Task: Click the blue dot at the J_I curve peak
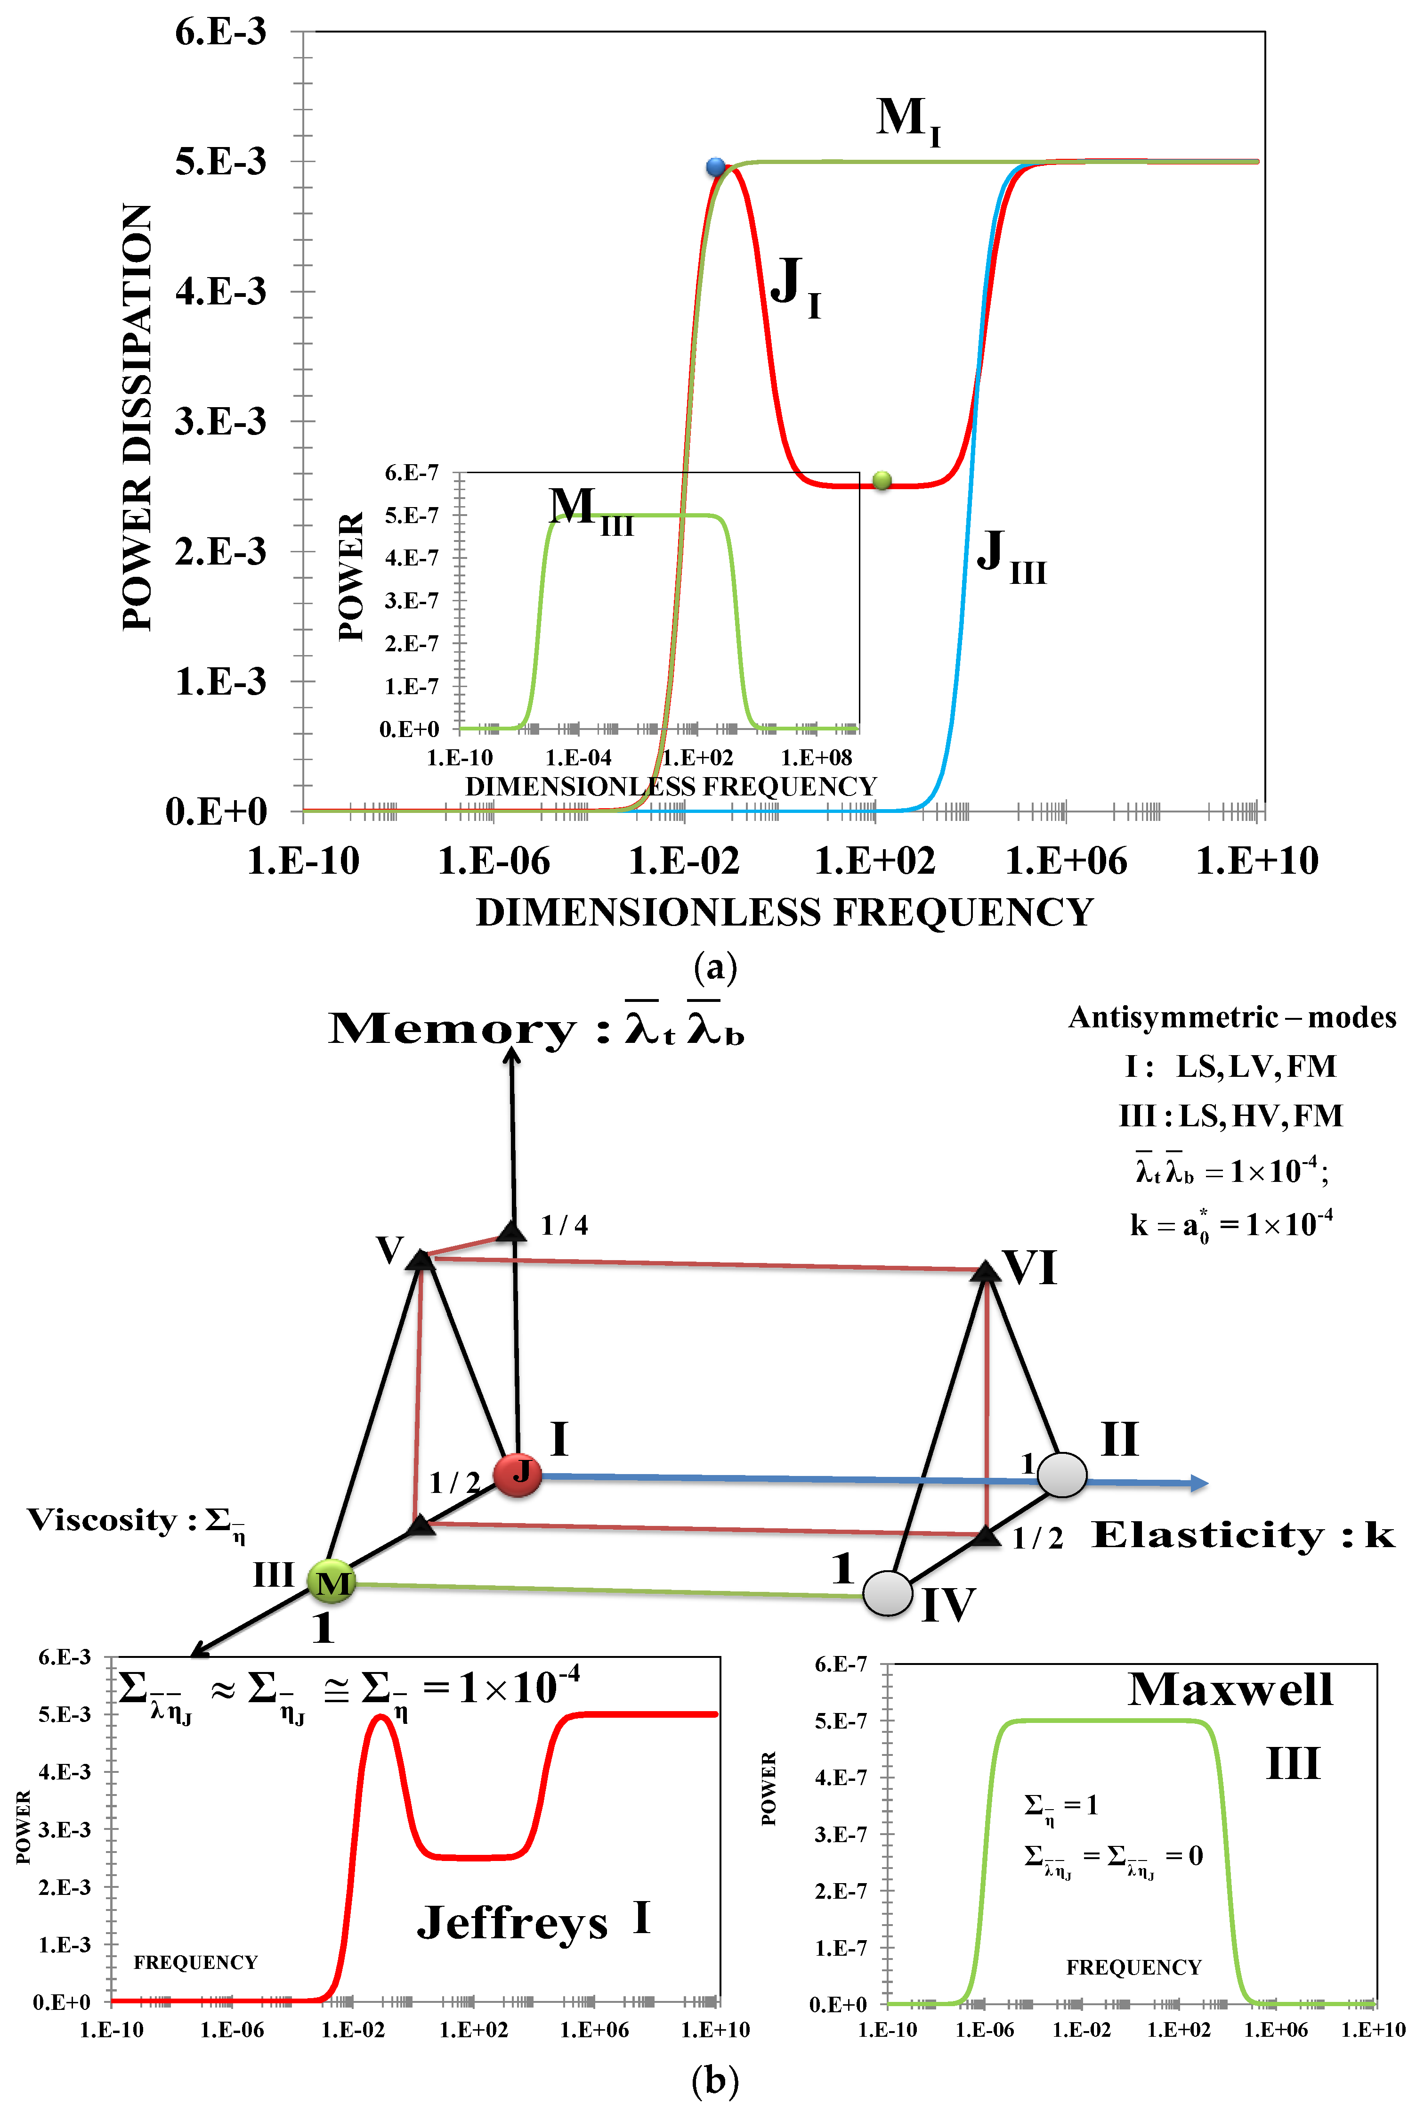(x=715, y=166)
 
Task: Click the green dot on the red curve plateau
(x=882, y=481)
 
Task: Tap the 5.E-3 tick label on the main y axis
(x=220, y=162)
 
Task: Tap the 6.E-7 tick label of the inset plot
(x=412, y=473)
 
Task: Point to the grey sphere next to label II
(x=1061, y=1475)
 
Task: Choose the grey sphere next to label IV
(x=888, y=1593)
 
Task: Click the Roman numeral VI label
(x=1029, y=1269)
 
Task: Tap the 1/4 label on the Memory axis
(x=565, y=1225)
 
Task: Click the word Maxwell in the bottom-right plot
(x=1230, y=1689)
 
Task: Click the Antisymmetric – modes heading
(x=1232, y=1017)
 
